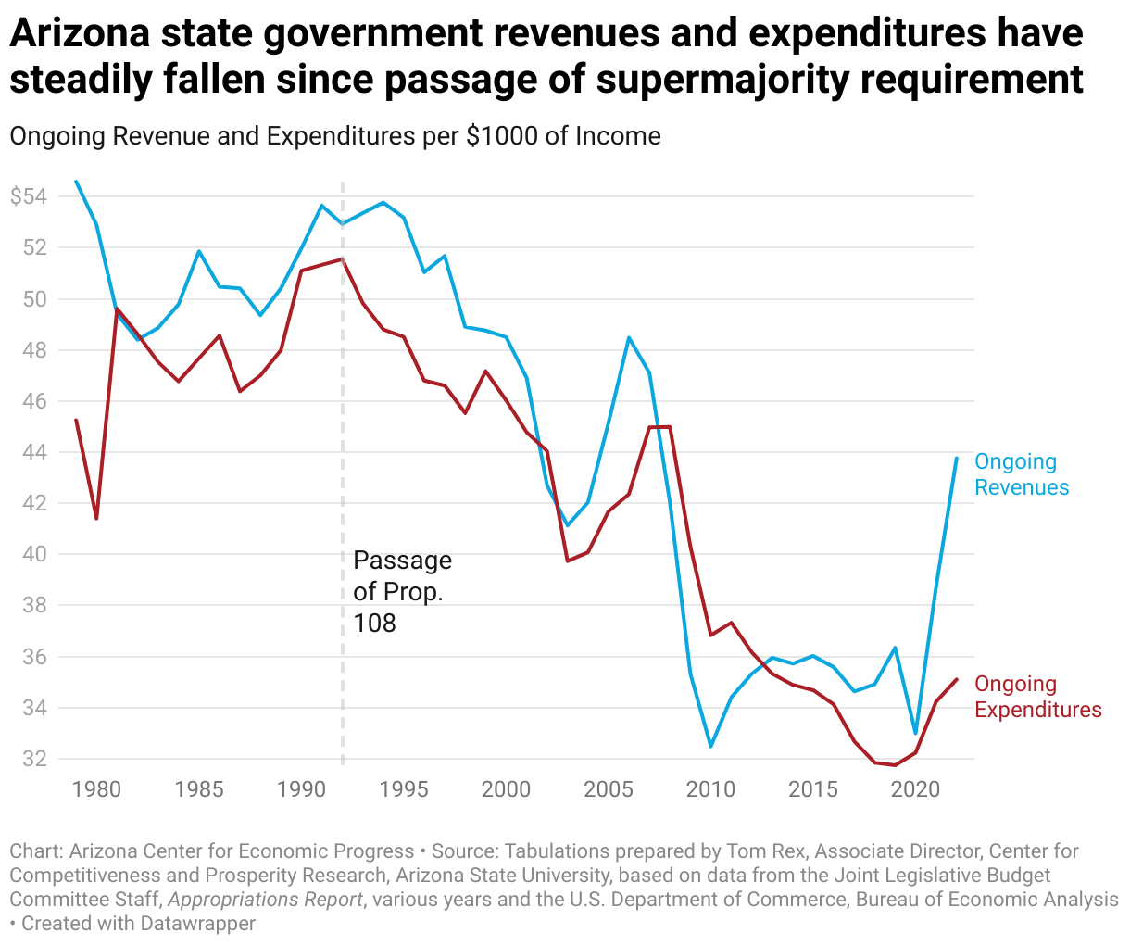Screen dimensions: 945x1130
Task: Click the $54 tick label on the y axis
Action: tap(29, 196)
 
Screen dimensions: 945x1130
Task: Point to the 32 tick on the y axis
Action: tap(35, 759)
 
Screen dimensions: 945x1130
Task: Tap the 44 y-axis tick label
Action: tap(35, 452)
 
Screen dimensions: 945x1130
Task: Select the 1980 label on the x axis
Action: tap(96, 789)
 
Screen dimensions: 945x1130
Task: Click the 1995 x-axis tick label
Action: tap(404, 789)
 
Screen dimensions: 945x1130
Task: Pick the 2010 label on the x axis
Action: tap(710, 789)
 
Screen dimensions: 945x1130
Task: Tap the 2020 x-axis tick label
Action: tap(915, 789)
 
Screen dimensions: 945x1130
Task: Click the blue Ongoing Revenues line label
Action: tap(1022, 474)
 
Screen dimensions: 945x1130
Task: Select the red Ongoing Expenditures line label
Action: tap(1038, 697)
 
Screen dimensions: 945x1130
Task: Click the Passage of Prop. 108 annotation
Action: tap(402, 591)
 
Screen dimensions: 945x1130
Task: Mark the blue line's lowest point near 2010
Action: tap(710, 746)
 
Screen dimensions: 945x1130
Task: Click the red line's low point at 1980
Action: tap(96, 518)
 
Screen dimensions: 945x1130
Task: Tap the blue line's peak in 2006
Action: tap(629, 337)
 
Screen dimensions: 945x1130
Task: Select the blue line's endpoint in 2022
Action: tap(956, 458)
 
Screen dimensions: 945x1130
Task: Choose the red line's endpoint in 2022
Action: tap(956, 679)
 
